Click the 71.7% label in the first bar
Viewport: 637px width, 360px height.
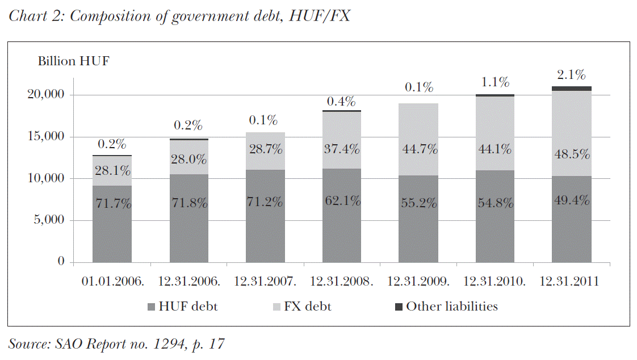coord(112,203)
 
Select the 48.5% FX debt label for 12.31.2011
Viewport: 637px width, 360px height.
coord(571,154)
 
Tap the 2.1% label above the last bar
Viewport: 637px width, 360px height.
coord(571,75)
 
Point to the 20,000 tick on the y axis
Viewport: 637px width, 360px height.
coord(47,95)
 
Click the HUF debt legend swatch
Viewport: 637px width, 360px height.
coord(151,307)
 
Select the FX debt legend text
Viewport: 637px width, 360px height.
coord(308,307)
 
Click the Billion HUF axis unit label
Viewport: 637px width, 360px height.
coord(73,61)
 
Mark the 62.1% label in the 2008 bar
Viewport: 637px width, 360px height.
coord(342,200)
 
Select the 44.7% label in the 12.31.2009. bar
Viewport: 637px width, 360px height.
coord(418,150)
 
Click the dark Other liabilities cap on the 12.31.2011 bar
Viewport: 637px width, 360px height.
coord(571,89)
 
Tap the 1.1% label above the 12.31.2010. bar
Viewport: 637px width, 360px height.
coord(494,82)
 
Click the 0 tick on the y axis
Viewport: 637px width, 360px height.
coord(62,262)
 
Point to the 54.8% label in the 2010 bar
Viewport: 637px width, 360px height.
coord(494,203)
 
